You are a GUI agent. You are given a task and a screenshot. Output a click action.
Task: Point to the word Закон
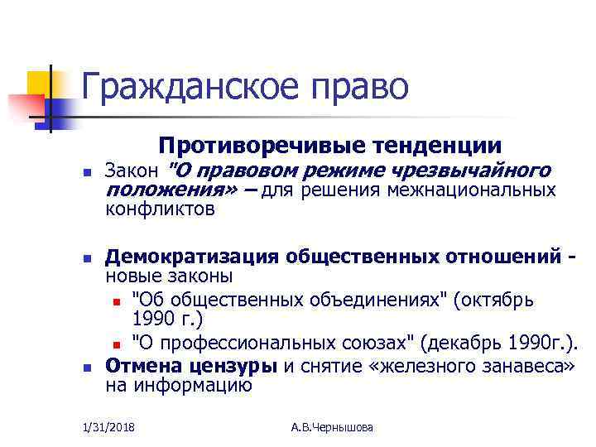point(132,171)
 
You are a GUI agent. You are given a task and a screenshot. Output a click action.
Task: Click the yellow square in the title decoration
point(39,83)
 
